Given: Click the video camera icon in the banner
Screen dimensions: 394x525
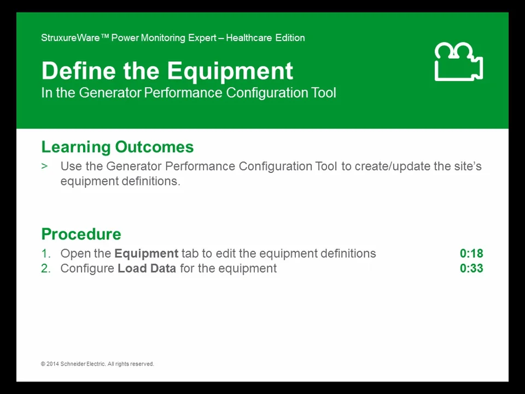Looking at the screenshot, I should pos(458,62).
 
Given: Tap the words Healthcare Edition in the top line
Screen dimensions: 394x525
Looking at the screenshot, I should pos(265,38).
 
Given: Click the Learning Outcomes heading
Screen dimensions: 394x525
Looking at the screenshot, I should pos(117,147).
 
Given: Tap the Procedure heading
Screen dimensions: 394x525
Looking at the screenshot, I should pos(81,234).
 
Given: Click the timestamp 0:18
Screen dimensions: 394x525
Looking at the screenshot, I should pos(471,253).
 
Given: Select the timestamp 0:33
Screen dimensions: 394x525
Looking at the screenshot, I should pos(471,268).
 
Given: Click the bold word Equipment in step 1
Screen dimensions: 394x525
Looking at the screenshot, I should pos(146,253).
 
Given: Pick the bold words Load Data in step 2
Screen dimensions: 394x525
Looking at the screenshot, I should pos(147,268).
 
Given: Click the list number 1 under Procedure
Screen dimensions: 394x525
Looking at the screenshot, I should pos(45,253).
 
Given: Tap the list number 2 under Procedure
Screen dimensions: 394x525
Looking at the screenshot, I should pos(45,268).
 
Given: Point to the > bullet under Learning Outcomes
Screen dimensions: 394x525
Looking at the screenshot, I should pos(44,166).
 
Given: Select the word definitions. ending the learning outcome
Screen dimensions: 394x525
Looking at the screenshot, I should pos(148,181).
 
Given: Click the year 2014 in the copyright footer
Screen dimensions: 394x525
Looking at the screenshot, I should pos(53,364).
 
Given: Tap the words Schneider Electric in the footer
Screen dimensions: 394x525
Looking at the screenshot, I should pos(83,364).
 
